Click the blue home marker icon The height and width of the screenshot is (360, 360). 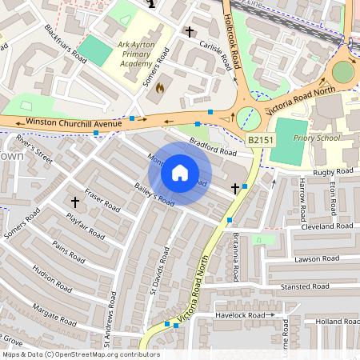point(180,173)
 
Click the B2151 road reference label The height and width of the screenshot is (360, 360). point(259,140)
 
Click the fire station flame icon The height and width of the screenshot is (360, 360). point(159,87)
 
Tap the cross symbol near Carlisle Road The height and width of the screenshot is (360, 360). point(190,32)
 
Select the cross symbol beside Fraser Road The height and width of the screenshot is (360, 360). point(76,202)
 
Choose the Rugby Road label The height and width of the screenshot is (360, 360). point(334,171)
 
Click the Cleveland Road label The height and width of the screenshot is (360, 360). point(328,226)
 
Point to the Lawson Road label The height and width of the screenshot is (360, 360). point(318,258)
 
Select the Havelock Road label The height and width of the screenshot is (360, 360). point(239,315)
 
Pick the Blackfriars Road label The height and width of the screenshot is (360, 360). point(66,42)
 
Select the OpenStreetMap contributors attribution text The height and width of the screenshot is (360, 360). point(80,354)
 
